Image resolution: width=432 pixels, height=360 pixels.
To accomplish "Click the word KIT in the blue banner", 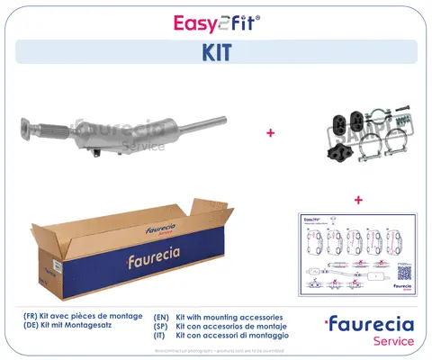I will coord(215,51).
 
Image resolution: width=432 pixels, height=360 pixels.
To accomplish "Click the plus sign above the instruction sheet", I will coord(358,199).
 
